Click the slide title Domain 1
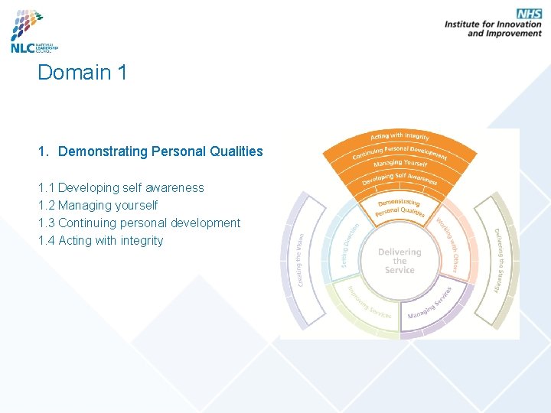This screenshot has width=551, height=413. click(83, 73)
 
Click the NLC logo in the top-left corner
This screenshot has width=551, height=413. click(34, 31)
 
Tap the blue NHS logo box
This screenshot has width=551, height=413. click(529, 14)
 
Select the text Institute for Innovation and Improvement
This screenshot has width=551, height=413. click(493, 28)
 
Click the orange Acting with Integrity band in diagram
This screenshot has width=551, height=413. click(399, 136)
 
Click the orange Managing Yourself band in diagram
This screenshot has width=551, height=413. click(399, 164)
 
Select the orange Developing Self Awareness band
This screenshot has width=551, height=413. click(399, 178)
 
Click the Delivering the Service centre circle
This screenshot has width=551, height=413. click(399, 261)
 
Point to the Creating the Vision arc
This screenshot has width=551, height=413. click(301, 260)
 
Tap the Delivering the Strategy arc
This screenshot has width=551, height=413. click(499, 260)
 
